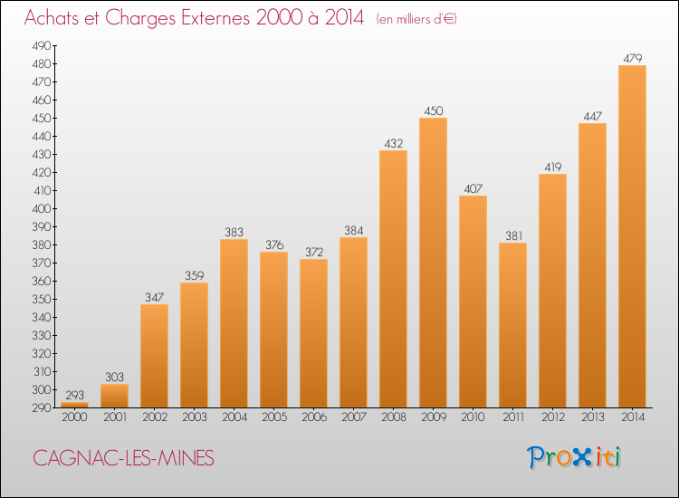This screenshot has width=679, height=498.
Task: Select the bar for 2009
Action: pos(433,263)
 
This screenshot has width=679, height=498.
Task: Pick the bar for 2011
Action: pos(512,325)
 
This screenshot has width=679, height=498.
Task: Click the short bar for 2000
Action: pos(74,405)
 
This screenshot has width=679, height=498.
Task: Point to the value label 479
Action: pos(632,59)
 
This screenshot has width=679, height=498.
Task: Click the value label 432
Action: pos(393,144)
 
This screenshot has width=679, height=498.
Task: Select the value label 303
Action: pos(114,378)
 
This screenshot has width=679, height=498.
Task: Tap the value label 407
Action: pos(473,189)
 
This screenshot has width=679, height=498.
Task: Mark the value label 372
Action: pos(313,253)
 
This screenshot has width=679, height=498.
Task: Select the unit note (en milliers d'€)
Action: pos(416,20)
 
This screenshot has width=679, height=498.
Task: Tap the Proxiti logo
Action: pos(575,457)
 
